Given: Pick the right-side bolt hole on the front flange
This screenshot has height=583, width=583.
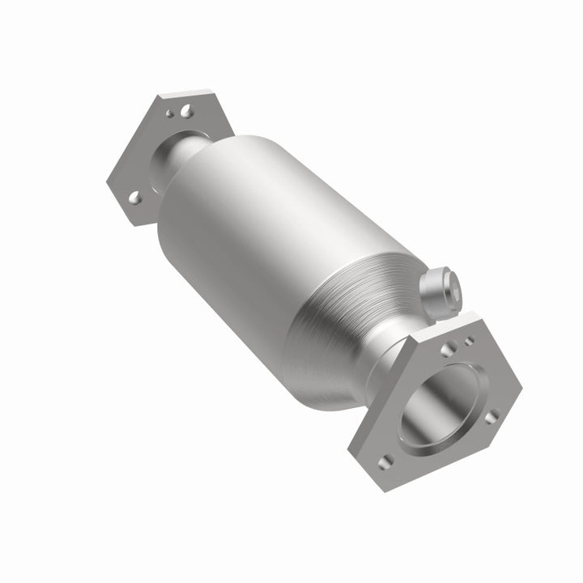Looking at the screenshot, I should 490,416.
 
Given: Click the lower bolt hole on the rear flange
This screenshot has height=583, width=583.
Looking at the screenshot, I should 135,196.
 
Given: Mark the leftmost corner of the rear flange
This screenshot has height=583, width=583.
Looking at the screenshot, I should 109,178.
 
